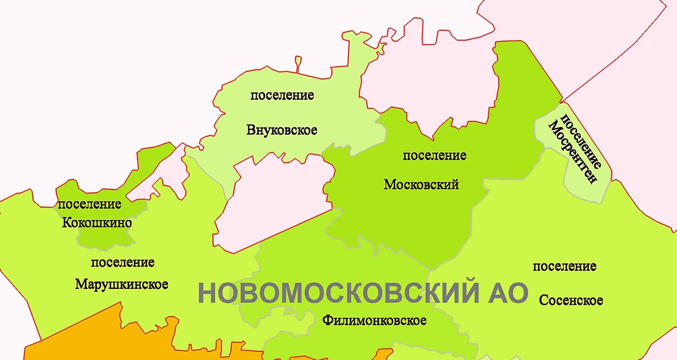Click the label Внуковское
pos(282,130)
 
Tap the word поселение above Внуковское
pos(282,95)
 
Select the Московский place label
pos(421,185)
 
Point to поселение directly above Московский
pos(434,155)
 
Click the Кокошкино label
pos(97,223)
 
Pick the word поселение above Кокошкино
pos(90,204)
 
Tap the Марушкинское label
pos(121,284)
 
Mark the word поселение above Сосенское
pos(564,266)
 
